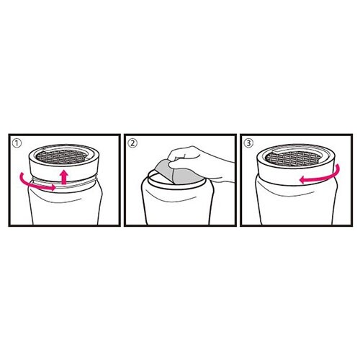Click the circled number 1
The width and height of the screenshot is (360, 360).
point(17,143)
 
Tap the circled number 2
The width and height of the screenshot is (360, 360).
point(132,143)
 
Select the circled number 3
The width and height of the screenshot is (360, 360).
point(248,143)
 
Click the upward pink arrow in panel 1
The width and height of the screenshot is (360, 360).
point(64,177)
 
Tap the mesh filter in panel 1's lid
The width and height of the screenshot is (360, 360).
point(61,157)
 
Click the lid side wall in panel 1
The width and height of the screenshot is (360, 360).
point(63,171)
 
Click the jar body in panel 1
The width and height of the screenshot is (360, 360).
point(65,207)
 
